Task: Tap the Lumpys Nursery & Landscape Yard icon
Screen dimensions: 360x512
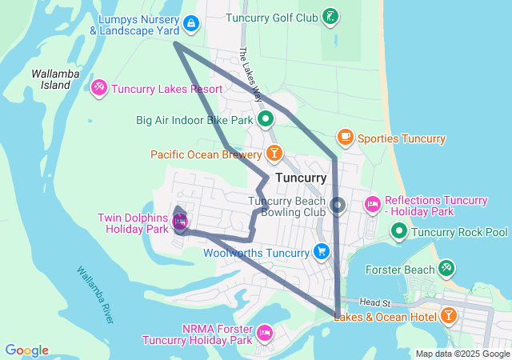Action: tap(190, 24)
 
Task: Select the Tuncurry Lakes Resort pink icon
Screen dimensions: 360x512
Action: tap(99, 87)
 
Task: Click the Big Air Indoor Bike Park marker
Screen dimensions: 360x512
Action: tap(266, 120)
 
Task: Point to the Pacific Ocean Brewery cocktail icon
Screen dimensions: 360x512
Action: tap(274, 153)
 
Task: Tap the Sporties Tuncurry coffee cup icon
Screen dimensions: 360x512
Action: tap(346, 138)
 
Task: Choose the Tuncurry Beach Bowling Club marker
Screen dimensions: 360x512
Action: tap(338, 206)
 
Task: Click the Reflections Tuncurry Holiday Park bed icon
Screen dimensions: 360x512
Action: tap(372, 206)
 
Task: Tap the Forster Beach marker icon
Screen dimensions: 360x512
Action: tap(446, 269)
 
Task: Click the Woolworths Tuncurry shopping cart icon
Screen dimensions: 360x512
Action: tap(321, 252)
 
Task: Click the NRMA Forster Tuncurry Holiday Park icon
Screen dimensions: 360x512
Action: tap(265, 331)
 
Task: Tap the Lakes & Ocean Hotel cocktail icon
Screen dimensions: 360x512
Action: tap(449, 315)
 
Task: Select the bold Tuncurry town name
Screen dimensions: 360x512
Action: tap(300, 178)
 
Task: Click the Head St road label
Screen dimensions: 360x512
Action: tap(374, 303)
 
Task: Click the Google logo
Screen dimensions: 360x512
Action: tap(26, 350)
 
